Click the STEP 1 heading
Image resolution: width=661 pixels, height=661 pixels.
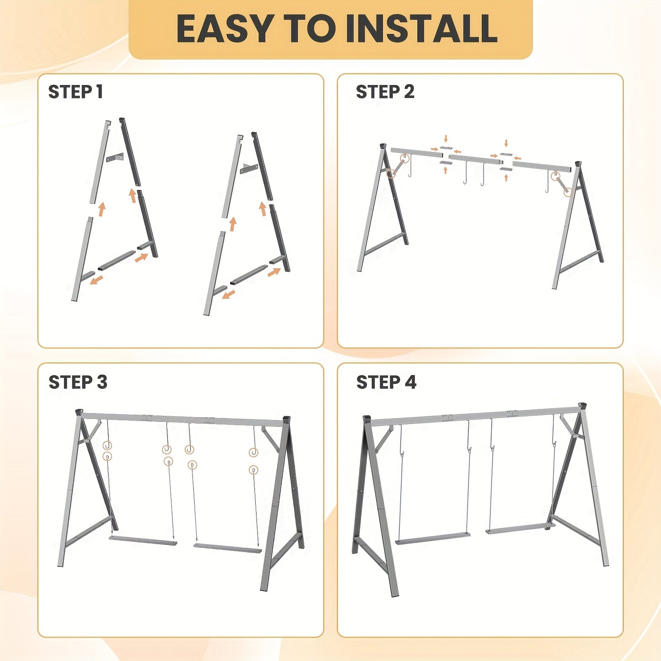[75, 92]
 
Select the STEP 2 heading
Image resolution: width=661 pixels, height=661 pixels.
[385, 92]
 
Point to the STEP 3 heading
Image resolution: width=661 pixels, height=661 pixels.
[78, 382]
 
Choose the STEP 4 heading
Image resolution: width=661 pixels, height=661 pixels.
[386, 382]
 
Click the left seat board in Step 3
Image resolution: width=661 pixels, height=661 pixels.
[143, 541]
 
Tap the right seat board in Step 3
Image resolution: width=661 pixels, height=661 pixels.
[227, 548]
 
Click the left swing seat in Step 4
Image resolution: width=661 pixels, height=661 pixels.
[433, 538]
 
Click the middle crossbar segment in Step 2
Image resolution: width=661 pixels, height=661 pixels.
[475, 160]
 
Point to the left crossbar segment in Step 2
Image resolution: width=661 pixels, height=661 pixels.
[416, 152]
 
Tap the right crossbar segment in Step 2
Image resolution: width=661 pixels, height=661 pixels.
[543, 167]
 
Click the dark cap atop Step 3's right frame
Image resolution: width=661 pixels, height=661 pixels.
[287, 419]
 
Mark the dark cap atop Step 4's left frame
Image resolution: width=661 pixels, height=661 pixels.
[366, 419]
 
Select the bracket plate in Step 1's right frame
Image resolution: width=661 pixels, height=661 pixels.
[248, 168]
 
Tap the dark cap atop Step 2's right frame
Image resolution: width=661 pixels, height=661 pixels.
[578, 164]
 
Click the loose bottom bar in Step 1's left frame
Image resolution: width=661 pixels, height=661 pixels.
[117, 260]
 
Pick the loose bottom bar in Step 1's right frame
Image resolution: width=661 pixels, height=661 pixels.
[248, 274]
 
